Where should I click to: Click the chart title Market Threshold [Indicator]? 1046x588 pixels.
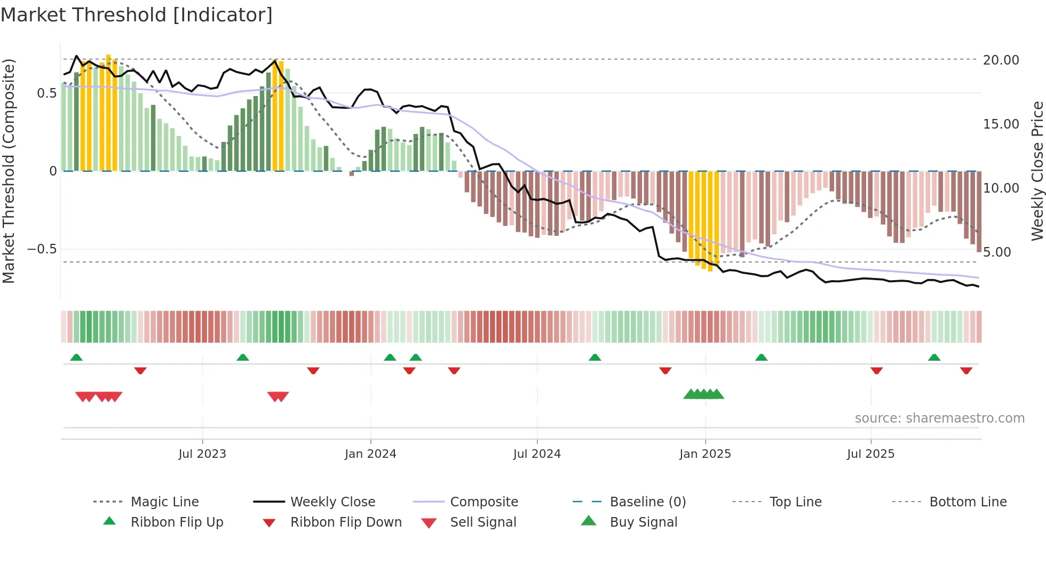(x=137, y=15)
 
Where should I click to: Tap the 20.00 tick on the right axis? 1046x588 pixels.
(x=1001, y=60)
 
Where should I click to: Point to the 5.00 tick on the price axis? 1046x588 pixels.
(x=996, y=252)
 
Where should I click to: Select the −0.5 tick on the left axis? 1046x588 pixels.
(x=42, y=249)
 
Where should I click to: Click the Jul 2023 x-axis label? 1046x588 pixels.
(x=202, y=454)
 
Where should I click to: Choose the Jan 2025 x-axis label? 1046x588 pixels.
(x=705, y=454)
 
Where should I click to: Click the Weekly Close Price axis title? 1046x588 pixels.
(x=1037, y=171)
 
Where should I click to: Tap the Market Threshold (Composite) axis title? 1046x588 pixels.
(x=9, y=171)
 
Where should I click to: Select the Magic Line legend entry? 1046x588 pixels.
(x=164, y=502)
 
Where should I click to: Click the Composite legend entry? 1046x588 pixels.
(x=484, y=502)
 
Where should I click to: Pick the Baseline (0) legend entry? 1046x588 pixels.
(x=647, y=502)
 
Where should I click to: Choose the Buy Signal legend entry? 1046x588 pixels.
(x=643, y=522)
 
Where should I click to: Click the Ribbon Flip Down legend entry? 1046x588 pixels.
(x=345, y=522)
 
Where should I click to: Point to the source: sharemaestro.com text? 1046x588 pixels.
(x=939, y=418)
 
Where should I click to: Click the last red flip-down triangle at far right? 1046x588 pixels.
(x=966, y=370)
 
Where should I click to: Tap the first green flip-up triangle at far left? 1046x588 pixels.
(x=76, y=357)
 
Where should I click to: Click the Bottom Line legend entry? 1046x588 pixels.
(x=968, y=502)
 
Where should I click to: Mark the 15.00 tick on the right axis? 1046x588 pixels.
(x=1001, y=124)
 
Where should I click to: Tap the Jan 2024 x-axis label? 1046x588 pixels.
(x=370, y=454)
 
